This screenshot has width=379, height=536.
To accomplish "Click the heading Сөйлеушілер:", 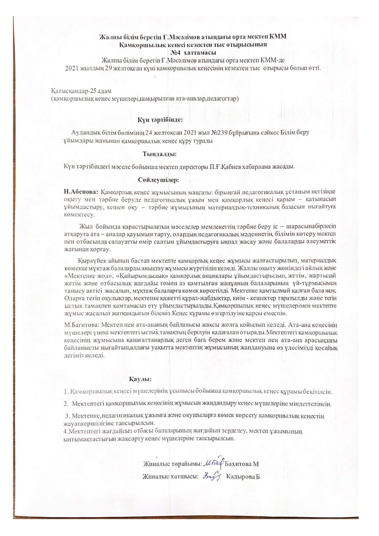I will [x=158, y=180].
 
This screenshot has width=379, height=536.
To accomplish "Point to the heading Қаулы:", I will [x=140, y=379].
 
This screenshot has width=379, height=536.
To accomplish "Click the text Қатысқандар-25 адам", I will [x=81, y=91].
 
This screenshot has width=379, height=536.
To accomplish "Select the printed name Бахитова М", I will [x=242, y=464].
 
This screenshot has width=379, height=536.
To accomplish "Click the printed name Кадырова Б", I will [x=243, y=477].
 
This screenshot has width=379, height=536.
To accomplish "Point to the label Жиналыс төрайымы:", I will [x=172, y=464].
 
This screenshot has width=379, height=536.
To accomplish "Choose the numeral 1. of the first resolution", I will [x=66, y=392].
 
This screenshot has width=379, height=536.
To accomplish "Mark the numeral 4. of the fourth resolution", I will [x=65, y=431].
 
